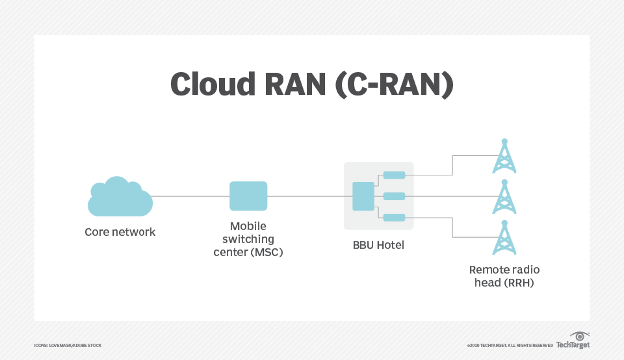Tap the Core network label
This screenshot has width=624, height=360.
120,232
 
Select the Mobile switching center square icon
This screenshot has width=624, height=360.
248,196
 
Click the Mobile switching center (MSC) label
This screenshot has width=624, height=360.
248,239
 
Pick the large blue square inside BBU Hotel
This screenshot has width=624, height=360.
363,196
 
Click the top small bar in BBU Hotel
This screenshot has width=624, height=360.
394,175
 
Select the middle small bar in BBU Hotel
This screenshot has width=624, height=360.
394,196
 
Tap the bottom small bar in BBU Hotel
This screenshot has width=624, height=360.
394,218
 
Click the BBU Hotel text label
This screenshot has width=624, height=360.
378,245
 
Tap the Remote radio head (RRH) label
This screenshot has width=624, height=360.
504,276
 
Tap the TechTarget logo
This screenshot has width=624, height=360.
573,342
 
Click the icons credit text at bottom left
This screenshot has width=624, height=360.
68,345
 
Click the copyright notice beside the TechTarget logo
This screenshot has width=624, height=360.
510,345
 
